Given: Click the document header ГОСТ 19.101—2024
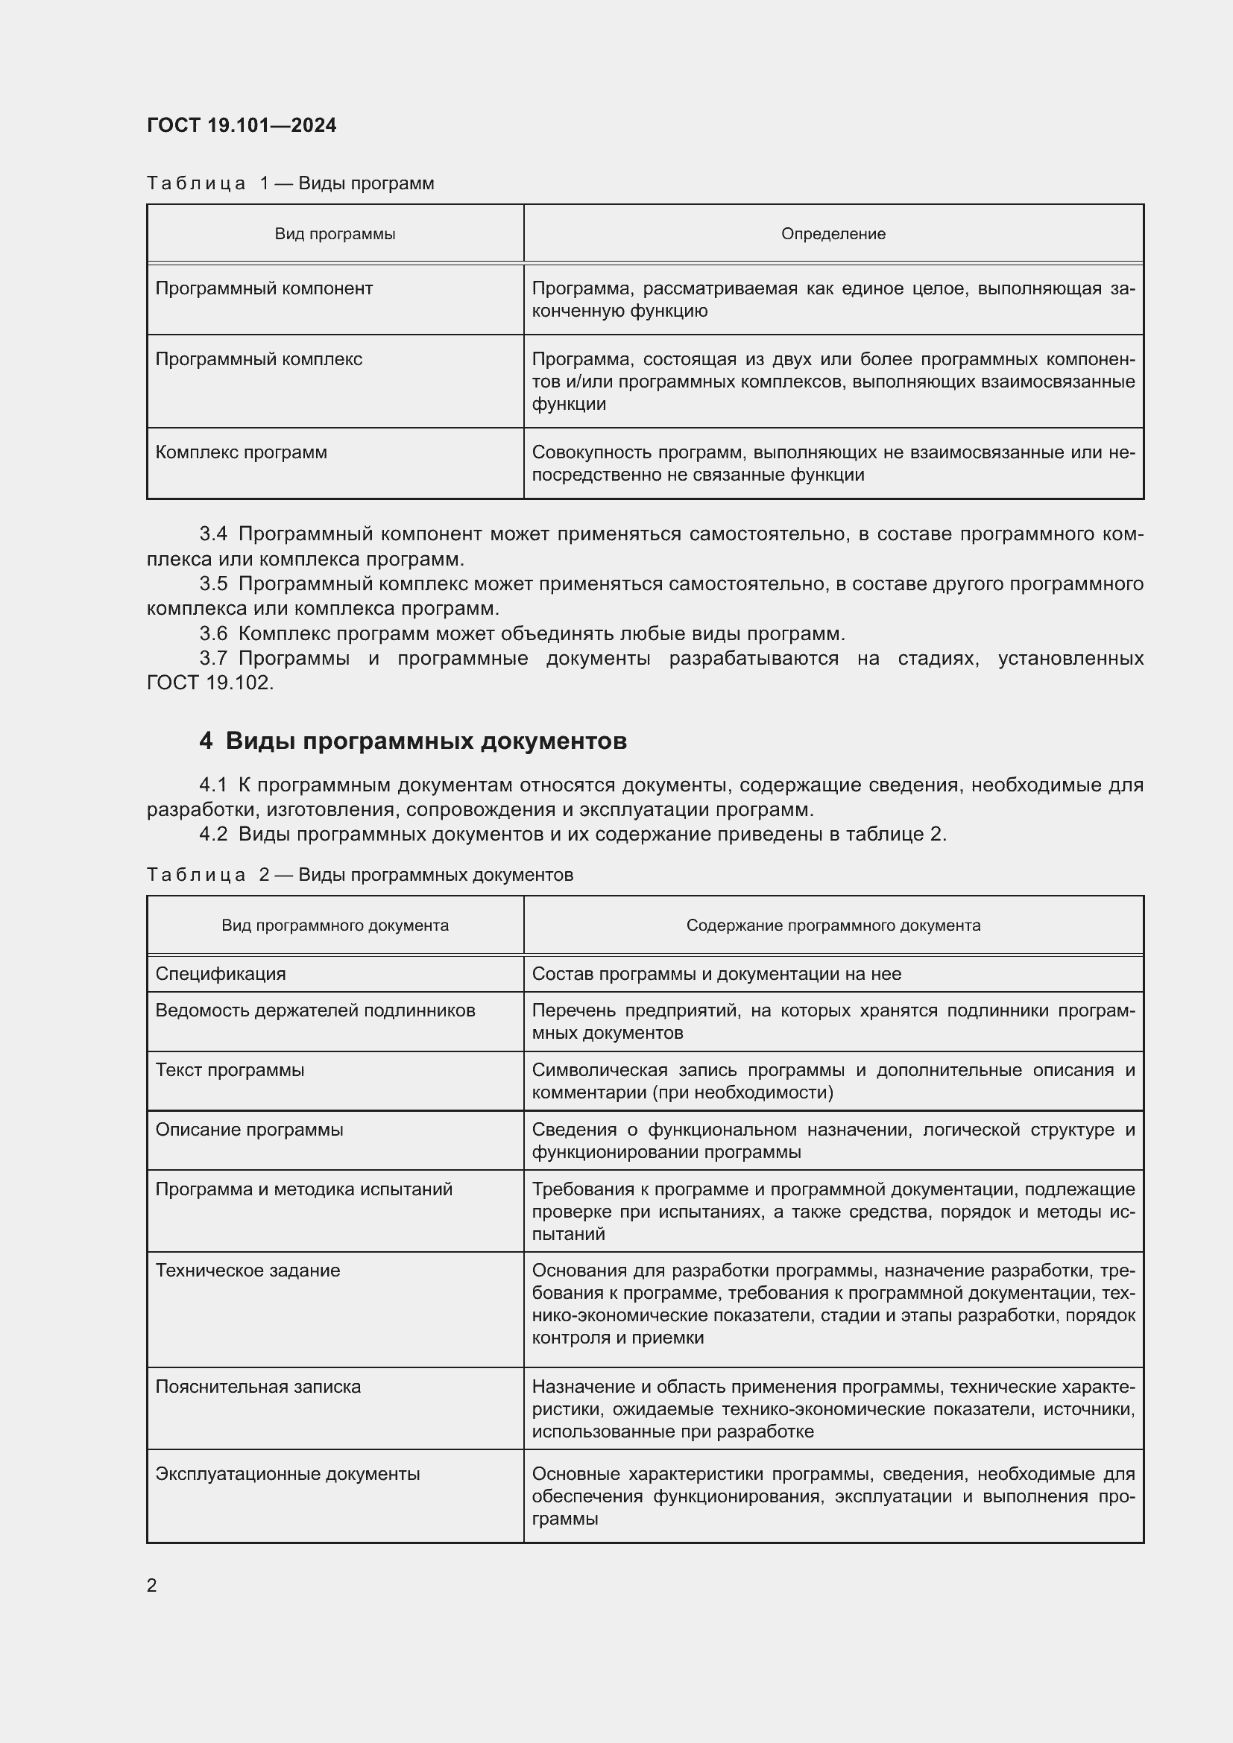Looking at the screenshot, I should coord(242,125).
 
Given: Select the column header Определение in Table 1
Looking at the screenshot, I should coord(833,234).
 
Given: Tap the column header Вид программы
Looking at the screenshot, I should coord(335,234).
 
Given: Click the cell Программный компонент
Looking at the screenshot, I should coord(264,288).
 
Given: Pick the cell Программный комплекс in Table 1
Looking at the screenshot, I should coord(259,359).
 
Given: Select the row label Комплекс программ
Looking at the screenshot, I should coord(242,452).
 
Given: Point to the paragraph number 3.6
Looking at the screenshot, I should coord(213,633).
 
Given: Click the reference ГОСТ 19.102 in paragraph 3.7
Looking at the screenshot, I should coord(209,683).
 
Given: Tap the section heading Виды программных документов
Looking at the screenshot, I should coord(426,741).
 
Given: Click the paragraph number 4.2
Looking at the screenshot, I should coord(213,834).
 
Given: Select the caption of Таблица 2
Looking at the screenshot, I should coord(360,875).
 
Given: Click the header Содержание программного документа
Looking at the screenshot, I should coord(833,926).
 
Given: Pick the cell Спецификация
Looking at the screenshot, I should coord(221,974).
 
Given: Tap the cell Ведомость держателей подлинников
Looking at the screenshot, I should coord(315,1010).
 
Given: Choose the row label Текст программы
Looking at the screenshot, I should coord(230,1070).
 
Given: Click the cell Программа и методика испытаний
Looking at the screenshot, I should coord(303,1189).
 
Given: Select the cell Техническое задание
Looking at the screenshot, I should coord(247,1270).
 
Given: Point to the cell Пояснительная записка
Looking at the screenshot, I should coord(258,1386).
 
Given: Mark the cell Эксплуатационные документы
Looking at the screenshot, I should coord(288,1473).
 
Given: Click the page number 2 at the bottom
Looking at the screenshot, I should coord(152,1585).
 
